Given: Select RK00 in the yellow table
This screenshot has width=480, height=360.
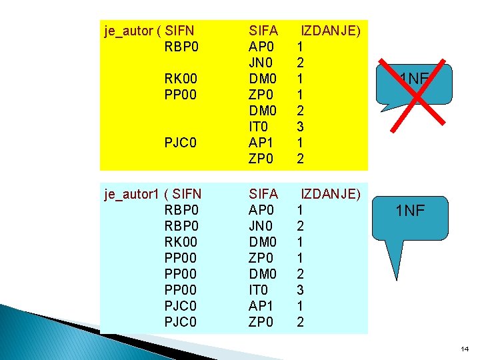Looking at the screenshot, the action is click(x=181, y=79).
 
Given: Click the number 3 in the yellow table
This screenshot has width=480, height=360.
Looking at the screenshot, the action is click(x=301, y=127).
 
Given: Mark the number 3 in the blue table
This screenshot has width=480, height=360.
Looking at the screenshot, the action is click(x=301, y=290).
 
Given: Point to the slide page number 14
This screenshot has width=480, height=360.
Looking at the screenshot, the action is click(x=465, y=349).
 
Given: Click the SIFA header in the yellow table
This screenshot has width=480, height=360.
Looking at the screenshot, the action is click(x=263, y=31).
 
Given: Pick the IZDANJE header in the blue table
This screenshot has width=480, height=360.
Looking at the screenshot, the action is click(x=331, y=194).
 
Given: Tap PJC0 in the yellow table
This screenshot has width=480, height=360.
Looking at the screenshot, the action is click(x=181, y=143).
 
